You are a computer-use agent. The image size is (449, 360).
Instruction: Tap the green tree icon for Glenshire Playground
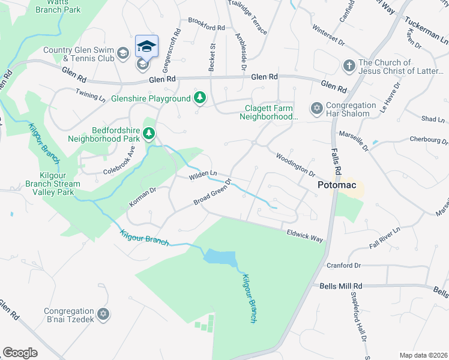click(200, 98)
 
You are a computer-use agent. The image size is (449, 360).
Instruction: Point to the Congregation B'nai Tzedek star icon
click(103, 314)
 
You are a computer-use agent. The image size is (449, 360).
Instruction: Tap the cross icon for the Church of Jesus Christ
click(348, 65)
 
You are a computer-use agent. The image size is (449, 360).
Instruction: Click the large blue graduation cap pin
click(146, 46)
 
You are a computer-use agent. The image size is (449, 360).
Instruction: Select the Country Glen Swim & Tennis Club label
click(78, 55)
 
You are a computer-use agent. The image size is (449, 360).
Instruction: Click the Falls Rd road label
click(337, 163)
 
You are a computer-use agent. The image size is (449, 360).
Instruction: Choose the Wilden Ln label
click(202, 175)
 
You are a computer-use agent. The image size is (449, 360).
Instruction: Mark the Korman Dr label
click(143, 198)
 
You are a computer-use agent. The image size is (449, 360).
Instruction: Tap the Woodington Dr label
click(295, 164)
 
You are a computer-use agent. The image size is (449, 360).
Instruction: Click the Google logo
click(20, 353)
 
